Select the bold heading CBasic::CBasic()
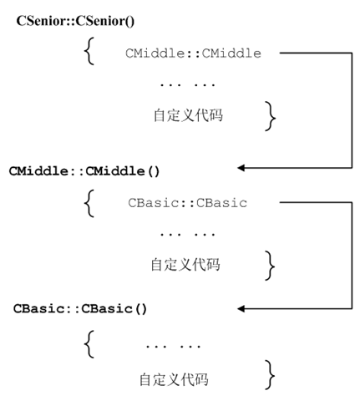click(x=80, y=307)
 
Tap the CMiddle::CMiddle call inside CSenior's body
click(x=194, y=53)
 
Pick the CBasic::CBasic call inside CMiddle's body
click(x=188, y=202)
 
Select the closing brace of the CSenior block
click(x=269, y=115)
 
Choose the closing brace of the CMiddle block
click(x=269, y=264)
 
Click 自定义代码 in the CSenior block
click(x=190, y=115)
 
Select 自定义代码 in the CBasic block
click(x=174, y=379)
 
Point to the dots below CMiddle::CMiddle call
click(x=187, y=84)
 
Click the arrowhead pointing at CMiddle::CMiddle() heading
click(x=242, y=169)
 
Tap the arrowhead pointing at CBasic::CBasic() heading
click(x=242, y=307)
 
